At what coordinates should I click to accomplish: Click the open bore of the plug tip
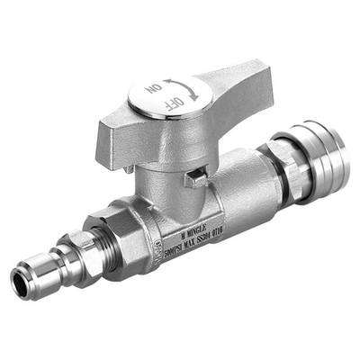click(x=18, y=284)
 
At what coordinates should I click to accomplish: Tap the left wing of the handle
click(x=108, y=137)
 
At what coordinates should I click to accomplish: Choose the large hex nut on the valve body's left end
click(x=122, y=238)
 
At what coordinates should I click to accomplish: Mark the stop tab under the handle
click(x=193, y=178)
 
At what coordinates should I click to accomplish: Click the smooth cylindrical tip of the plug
click(x=31, y=279)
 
